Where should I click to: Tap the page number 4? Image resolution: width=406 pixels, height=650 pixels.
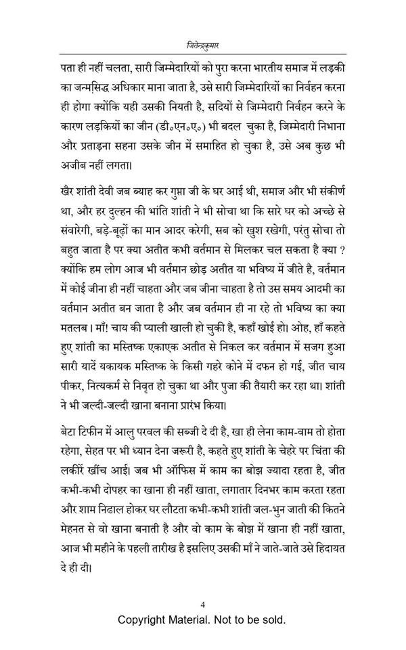point(203,605)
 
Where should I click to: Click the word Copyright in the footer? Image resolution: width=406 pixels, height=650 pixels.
point(145,620)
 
